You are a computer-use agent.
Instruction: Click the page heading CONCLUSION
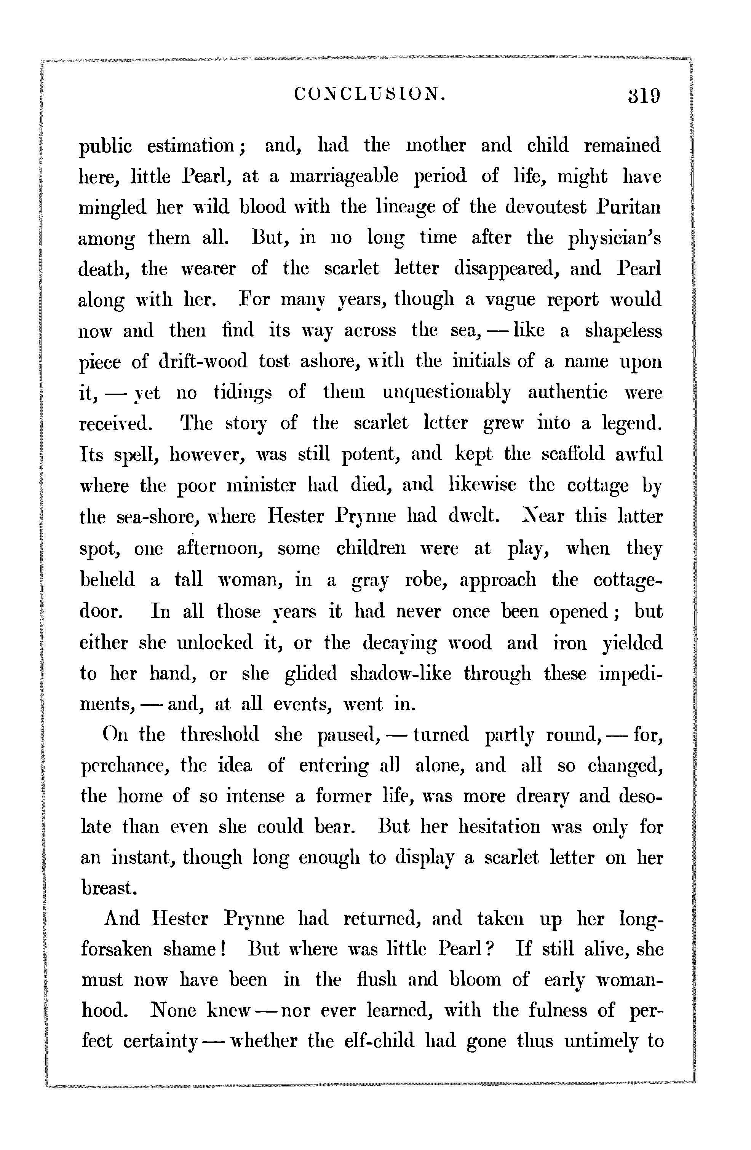pyautogui.click(x=370, y=94)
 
